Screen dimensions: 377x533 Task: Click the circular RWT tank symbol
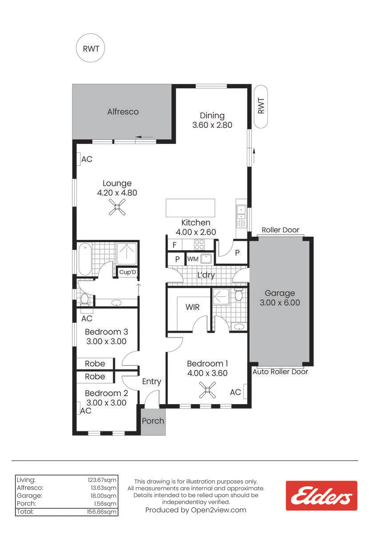click(x=91, y=48)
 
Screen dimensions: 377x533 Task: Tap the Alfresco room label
click(x=123, y=111)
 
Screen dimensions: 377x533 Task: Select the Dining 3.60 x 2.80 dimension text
click(x=212, y=125)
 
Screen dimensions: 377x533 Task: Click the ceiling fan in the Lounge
click(x=117, y=207)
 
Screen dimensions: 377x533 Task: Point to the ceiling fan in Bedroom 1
click(x=207, y=390)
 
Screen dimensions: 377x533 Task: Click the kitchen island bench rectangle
click(x=190, y=208)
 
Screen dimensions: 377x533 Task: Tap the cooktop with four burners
click(x=199, y=244)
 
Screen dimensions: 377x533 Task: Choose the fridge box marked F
click(x=175, y=245)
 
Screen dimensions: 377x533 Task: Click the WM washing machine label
click(x=193, y=259)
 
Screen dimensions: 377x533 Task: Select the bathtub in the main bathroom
click(x=85, y=259)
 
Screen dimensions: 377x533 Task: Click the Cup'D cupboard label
click(x=127, y=272)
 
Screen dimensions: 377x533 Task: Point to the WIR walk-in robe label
click(x=192, y=307)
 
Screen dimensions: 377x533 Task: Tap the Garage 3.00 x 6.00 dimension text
click(x=280, y=302)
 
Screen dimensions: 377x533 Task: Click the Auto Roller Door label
click(x=280, y=372)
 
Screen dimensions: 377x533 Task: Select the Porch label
click(x=153, y=421)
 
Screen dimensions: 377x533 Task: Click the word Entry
click(x=152, y=382)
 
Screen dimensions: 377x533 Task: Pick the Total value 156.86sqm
click(x=102, y=512)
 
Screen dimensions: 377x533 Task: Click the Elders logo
click(x=321, y=496)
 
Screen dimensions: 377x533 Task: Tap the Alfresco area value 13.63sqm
click(x=103, y=488)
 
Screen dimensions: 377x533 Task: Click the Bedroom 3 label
click(x=106, y=332)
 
